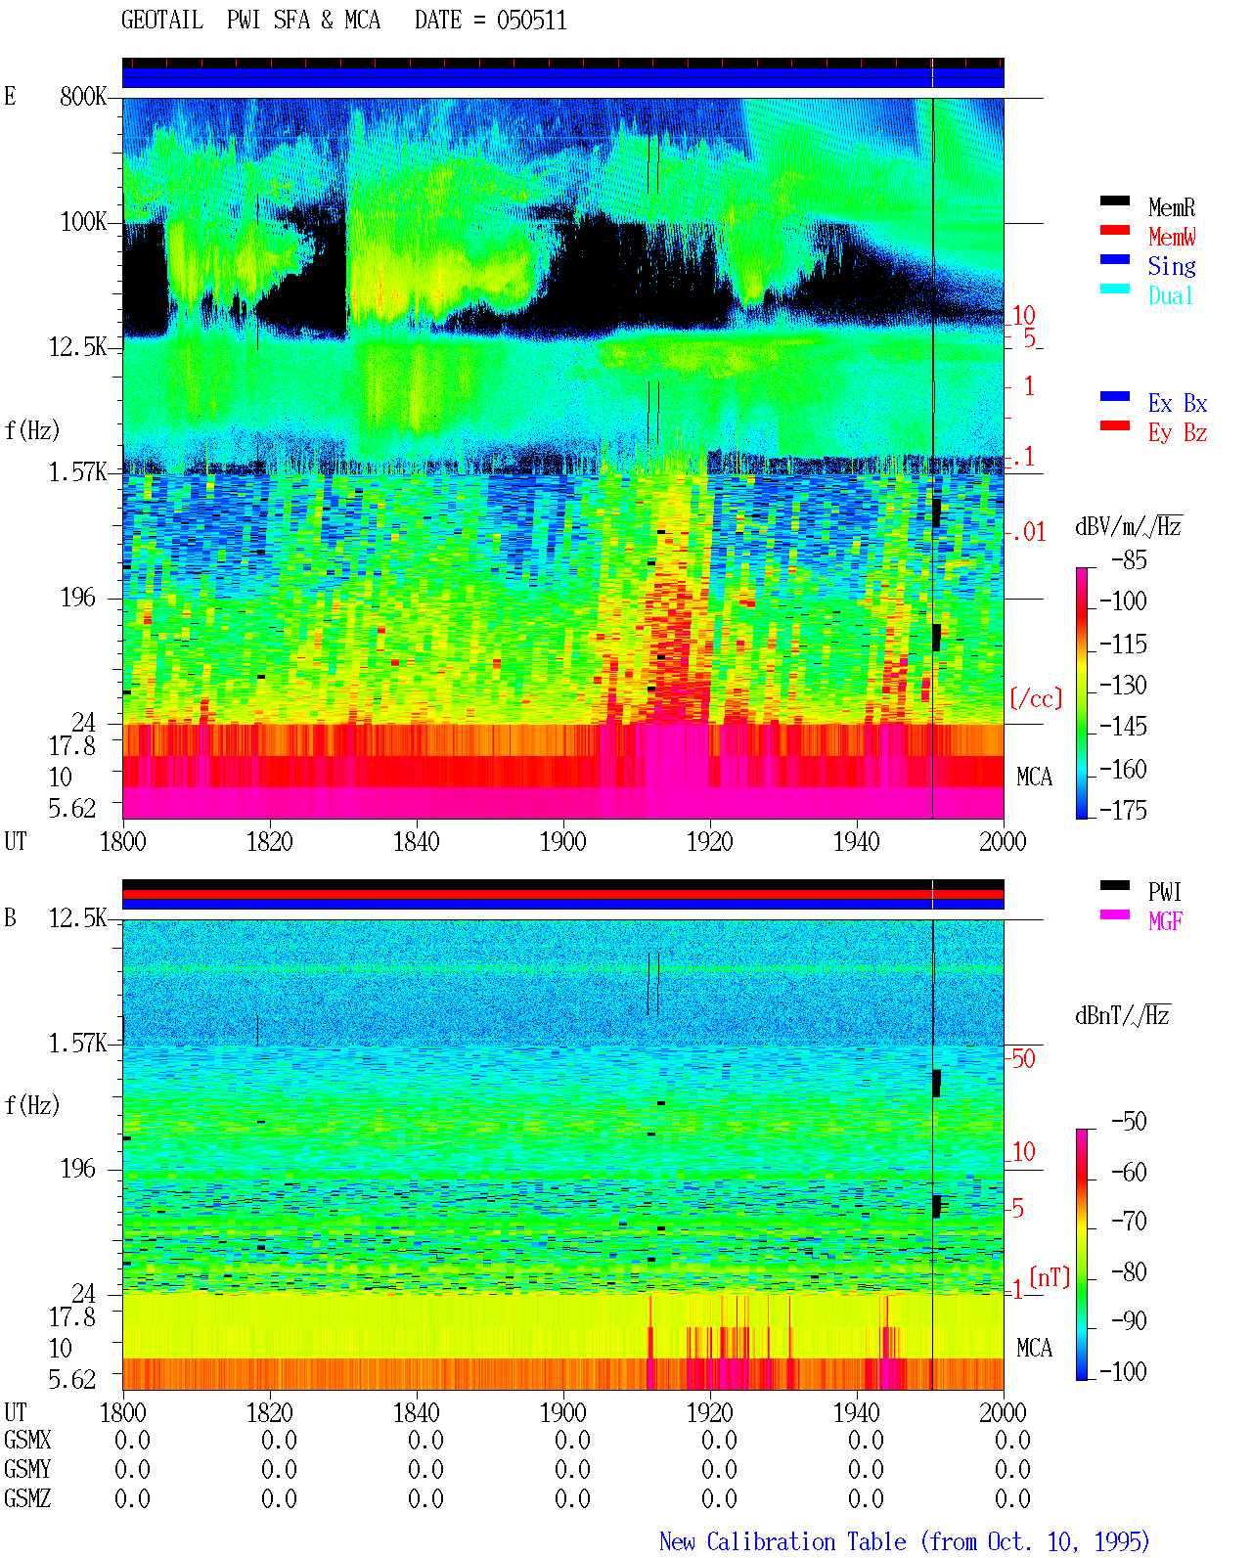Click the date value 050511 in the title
pos(531,21)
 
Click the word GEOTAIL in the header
pos(162,21)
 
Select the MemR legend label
pos(1172,207)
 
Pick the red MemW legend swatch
pos(1114,230)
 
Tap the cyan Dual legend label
pos(1170,296)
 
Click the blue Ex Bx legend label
pos(1178,403)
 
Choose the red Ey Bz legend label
pos(1178,433)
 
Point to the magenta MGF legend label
pos(1165,921)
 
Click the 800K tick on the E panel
pos(83,96)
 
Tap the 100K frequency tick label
pos(83,222)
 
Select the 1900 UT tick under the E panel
pos(562,842)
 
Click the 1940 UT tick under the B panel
pos(857,1412)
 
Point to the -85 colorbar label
pos(1129,559)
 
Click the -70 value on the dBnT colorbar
pos(1129,1222)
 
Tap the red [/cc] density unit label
pos(1036,698)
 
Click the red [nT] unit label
pos(1050,1277)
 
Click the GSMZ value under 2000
pos(1012,1498)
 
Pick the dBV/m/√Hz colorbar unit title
pos(1129,526)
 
